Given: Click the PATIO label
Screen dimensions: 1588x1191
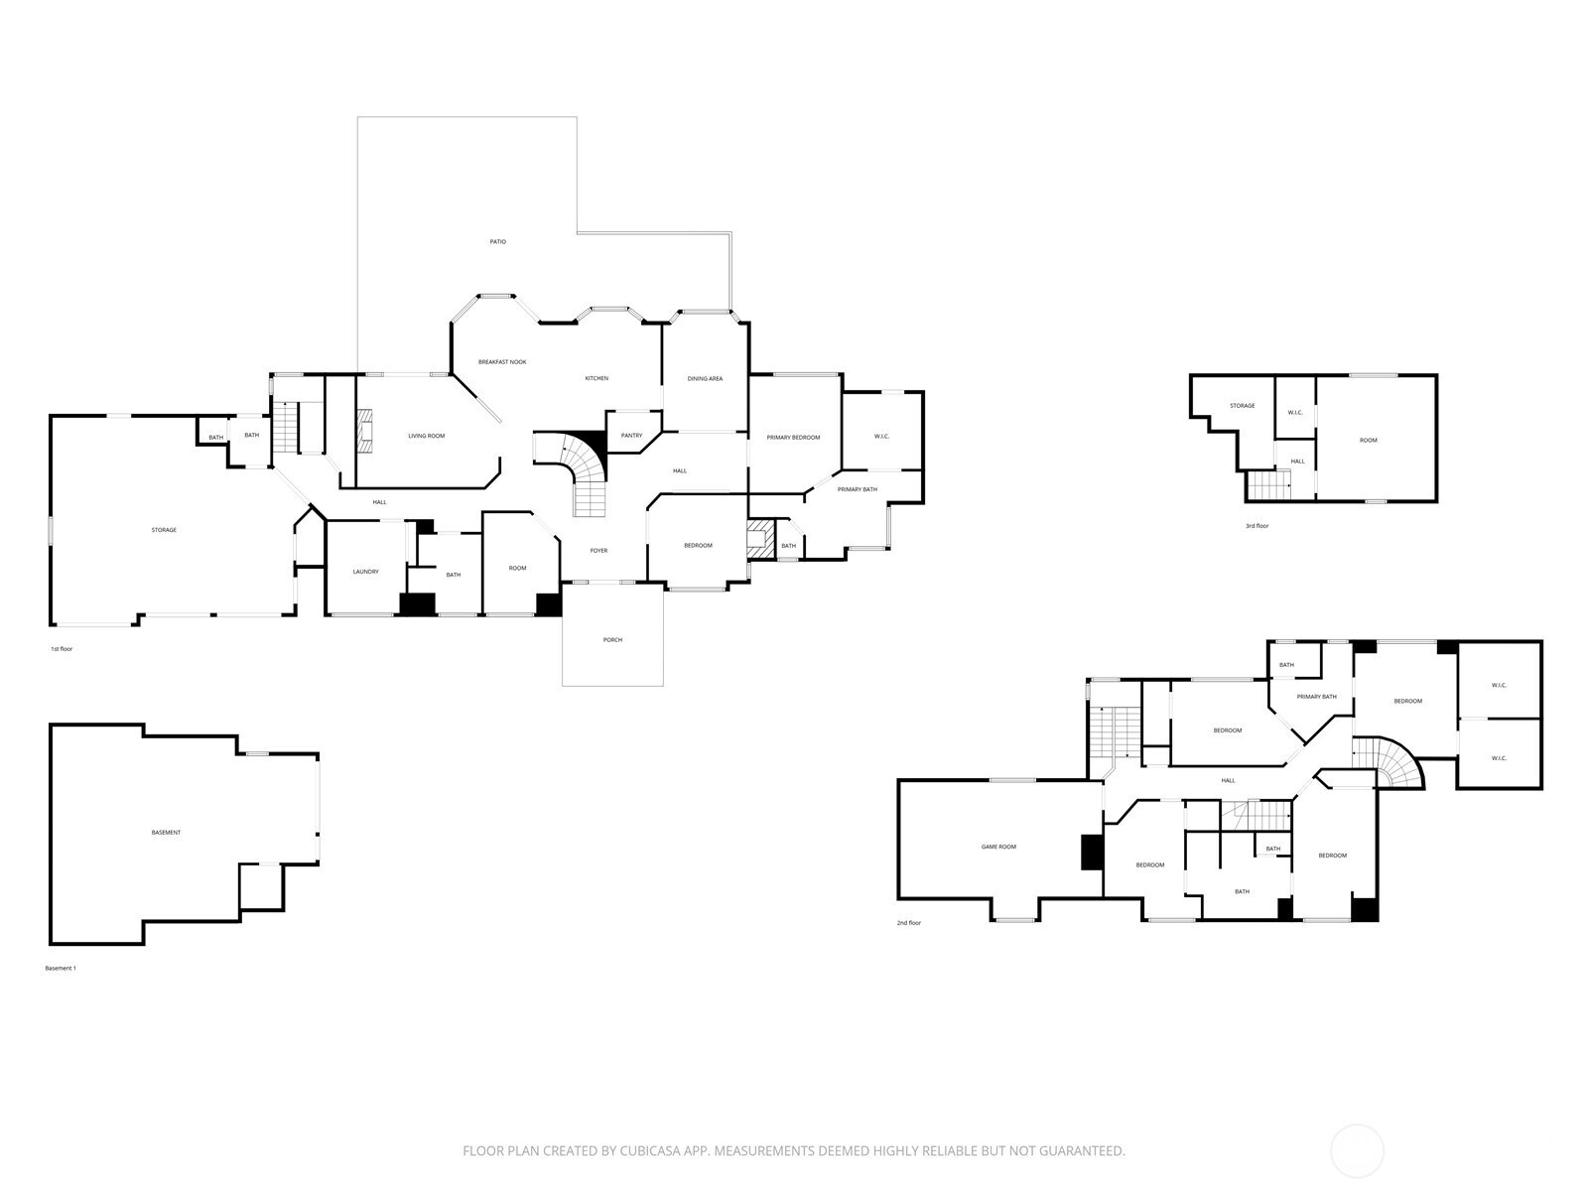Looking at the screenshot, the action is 498,241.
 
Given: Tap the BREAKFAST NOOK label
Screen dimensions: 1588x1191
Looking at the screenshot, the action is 502,361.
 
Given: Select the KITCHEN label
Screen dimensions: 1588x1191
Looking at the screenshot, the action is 596,378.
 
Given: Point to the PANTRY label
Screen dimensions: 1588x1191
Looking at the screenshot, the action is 631,436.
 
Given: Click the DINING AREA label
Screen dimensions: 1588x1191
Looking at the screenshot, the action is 705,378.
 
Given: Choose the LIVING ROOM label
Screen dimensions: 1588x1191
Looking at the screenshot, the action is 426,436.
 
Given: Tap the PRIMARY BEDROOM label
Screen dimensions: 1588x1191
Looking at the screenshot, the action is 794,437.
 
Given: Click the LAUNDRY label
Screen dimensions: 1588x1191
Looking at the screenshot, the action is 365,572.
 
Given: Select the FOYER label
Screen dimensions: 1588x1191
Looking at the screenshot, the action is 598,550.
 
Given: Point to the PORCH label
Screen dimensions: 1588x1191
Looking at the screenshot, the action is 612,639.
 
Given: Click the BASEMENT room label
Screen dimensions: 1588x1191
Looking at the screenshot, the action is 166,833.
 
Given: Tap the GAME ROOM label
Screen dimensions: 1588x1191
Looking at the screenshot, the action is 998,846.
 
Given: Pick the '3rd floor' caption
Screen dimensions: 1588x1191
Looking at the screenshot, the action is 1257,526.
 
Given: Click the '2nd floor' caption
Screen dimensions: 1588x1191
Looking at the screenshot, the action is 909,923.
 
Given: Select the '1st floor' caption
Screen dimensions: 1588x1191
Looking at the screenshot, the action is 62,649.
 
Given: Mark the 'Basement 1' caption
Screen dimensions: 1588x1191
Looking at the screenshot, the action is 61,968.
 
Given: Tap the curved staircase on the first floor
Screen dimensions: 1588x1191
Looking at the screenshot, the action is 579,470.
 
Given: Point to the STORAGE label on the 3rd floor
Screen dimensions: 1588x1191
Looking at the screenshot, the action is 1243,405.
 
